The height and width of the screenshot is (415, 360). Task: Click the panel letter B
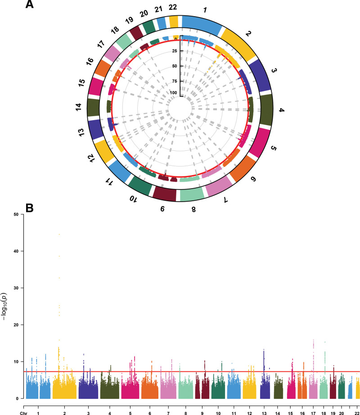point(29,208)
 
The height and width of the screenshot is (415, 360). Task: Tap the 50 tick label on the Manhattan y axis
point(16,214)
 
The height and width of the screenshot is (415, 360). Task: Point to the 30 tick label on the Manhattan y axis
point(16,288)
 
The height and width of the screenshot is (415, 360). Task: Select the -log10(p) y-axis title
point(4,307)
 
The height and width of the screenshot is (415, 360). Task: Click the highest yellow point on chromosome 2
point(59,234)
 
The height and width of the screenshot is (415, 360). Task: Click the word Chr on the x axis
point(23,413)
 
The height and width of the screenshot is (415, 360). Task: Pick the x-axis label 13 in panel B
point(264,413)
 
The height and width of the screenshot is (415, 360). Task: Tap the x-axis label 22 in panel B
point(357,413)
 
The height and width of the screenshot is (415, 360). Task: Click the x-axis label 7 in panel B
point(168,413)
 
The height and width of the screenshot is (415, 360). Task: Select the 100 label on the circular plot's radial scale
point(174,93)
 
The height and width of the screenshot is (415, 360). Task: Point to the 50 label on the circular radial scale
point(175,66)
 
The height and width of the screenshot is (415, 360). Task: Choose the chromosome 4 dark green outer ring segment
point(267,109)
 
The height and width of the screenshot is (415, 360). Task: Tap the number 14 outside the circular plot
point(79,107)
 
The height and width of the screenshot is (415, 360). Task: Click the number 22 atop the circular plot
point(173,7)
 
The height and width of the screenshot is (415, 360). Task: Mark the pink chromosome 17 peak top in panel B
point(314,340)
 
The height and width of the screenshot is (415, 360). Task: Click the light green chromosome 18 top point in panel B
point(325,342)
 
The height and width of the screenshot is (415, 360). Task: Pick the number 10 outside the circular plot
point(134,199)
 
